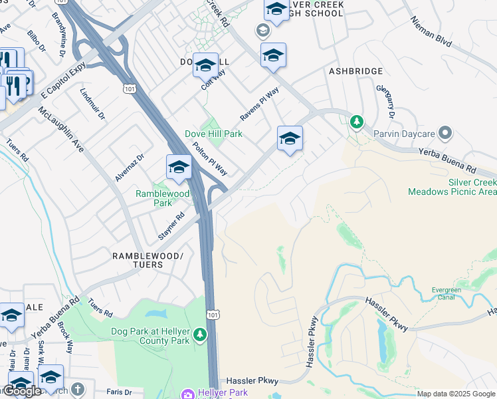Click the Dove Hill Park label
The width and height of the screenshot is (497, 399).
pos(213,134)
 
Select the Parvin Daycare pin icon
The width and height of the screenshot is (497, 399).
pos(445,134)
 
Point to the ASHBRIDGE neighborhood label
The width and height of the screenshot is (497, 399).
pos(356,71)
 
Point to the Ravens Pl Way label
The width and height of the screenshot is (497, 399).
pos(259,104)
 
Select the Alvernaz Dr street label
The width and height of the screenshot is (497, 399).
pos(129,168)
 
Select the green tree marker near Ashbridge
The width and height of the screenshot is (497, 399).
pos(357,122)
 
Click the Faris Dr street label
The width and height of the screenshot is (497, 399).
pos(124,393)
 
